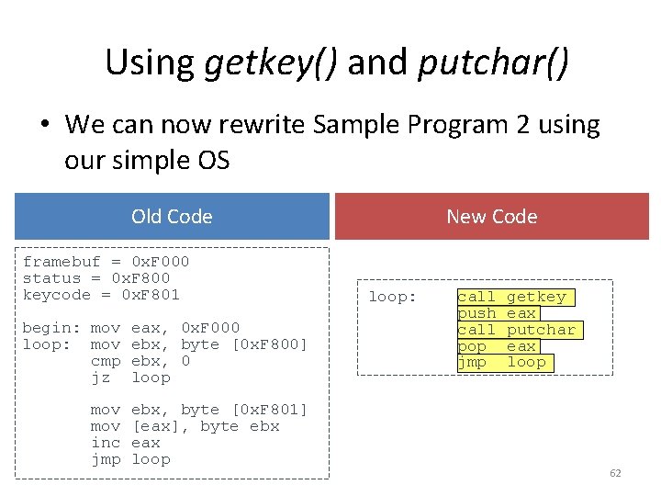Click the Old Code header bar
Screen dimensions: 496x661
[172, 217]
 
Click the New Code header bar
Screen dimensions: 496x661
[491, 217]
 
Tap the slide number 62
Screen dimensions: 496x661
[615, 473]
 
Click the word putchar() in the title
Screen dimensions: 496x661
[493, 62]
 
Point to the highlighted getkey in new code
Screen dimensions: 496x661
[536, 297]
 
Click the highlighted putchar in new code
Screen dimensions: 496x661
[541, 330]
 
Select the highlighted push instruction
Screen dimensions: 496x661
[476, 313]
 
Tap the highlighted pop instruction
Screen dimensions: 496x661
[472, 346]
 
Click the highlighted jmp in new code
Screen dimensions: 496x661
[472, 363]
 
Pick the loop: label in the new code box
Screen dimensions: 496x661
[392, 297]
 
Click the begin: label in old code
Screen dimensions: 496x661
[50, 328]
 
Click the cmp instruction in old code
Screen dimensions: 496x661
[105, 361]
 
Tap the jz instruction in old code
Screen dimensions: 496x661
[100, 378]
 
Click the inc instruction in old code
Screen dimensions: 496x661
[105, 443]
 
